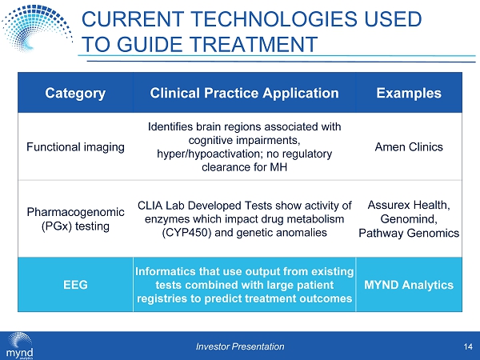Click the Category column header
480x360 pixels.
[75, 93]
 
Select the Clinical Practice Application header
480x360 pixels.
[244, 93]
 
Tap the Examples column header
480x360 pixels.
[409, 93]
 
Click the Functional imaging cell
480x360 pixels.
[75, 147]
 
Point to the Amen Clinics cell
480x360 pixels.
[409, 147]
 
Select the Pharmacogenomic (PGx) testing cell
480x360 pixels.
[75, 219]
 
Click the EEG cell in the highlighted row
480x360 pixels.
[75, 285]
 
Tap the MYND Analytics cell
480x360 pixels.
[409, 285]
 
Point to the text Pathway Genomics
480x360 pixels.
[409, 234]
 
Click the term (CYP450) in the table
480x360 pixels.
[186, 233]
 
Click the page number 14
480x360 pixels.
[468, 346]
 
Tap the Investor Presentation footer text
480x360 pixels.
[240, 346]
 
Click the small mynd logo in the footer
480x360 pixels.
[19, 346]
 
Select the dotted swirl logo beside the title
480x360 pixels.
[37, 28]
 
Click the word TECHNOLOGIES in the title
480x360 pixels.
[274, 18]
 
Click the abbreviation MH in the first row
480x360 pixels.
[278, 167]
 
